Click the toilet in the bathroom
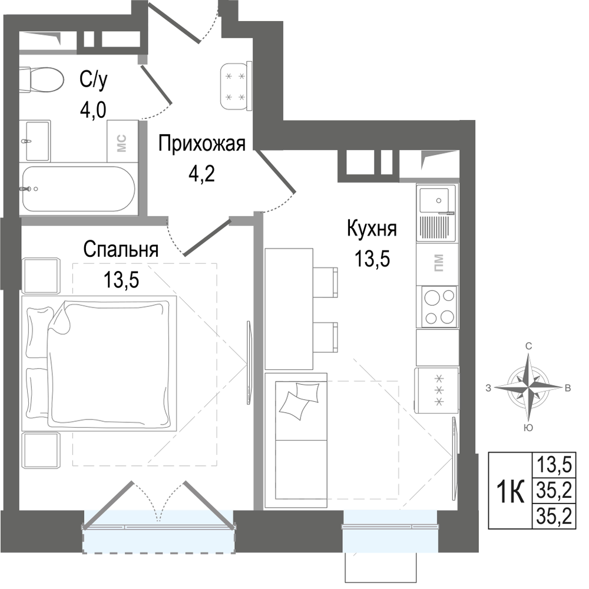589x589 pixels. pyautogui.click(x=41, y=80)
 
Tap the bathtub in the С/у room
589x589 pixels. pyautogui.click(x=78, y=189)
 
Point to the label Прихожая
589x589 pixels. pyautogui.click(x=201, y=144)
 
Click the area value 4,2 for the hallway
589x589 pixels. pyautogui.click(x=201, y=174)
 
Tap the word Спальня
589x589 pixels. pyautogui.click(x=121, y=249)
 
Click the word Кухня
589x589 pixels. pyautogui.click(x=372, y=229)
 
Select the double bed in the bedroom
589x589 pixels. pyautogui.click(x=99, y=363)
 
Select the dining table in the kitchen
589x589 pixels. pyautogui.click(x=289, y=309)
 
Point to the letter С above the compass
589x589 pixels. pyautogui.click(x=528, y=347)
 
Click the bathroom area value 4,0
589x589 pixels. pyautogui.click(x=93, y=110)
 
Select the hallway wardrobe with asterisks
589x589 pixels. pyautogui.click(x=236, y=87)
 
